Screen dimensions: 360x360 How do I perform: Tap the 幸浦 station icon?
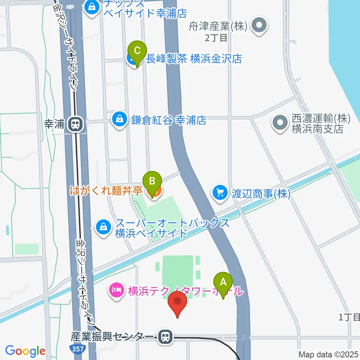76,124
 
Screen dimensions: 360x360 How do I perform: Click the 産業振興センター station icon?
165,337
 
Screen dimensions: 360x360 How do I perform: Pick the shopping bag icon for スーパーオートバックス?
103,227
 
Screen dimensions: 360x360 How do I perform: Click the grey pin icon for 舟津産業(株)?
259,26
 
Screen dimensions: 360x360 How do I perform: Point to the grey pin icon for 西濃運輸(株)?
280,124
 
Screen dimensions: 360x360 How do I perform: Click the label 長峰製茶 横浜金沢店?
194,59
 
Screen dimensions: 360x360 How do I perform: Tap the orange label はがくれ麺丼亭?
106,191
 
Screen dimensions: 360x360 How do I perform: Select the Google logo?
25,351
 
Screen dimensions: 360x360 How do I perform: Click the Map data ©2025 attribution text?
328,354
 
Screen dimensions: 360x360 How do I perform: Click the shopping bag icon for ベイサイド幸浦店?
91,7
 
